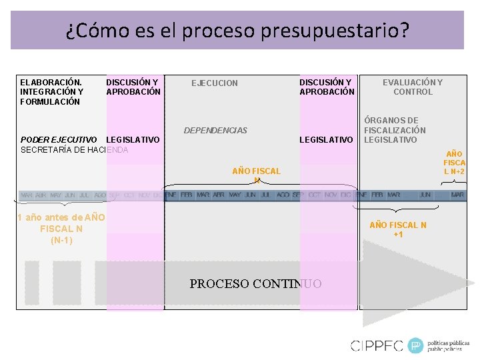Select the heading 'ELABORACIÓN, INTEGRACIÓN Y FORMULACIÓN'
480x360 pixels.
[x=51, y=92]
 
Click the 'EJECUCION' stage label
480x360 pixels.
[x=214, y=83]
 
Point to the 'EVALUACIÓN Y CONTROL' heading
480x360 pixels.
[x=412, y=87]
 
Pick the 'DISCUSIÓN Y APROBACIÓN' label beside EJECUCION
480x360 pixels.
[x=327, y=87]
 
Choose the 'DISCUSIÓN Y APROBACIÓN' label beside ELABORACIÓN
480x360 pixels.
[x=133, y=87]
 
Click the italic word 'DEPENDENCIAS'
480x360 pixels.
[x=215, y=131]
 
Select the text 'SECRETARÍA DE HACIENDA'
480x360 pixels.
[x=74, y=150]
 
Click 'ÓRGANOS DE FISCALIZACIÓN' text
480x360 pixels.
[x=395, y=125]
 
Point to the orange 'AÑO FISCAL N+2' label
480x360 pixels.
[x=455, y=163]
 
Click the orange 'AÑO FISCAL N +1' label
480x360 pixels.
[x=397, y=229]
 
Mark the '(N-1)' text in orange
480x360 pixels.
[x=61, y=240]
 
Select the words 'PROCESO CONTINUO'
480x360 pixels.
[x=255, y=284]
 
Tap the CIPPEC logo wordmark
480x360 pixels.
[x=377, y=345]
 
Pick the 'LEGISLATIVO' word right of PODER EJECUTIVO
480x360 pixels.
[x=133, y=140]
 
